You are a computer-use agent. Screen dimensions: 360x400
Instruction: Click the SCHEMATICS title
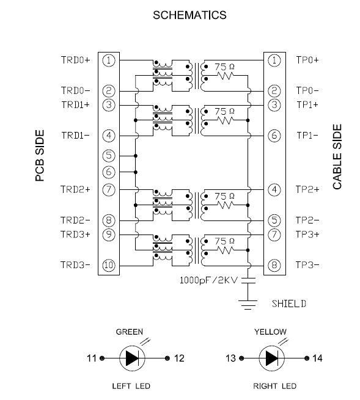[189, 15]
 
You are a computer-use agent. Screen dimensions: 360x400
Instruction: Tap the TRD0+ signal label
[76, 60]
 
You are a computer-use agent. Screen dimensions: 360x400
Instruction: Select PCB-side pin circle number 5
[109, 156]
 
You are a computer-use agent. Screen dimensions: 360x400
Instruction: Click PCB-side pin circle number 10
[109, 265]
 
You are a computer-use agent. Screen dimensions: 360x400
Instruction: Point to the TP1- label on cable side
[307, 135]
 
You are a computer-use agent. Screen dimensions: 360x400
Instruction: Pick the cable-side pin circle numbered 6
[274, 136]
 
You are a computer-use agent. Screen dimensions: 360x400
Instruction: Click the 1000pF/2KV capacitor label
[208, 280]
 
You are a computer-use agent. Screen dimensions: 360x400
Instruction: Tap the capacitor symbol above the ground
[248, 280]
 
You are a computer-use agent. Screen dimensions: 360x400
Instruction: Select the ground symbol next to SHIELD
[248, 305]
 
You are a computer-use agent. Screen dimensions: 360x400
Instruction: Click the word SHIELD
[288, 304]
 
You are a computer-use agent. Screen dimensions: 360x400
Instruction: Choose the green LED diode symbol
[132, 358]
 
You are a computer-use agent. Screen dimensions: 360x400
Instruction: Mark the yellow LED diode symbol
[272, 358]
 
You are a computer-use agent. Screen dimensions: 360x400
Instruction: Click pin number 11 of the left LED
[92, 358]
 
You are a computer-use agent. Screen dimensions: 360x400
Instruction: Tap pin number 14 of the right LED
[317, 358]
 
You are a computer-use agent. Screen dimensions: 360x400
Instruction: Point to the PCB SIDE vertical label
[40, 156]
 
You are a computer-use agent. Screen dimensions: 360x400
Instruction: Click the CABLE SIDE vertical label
[337, 156]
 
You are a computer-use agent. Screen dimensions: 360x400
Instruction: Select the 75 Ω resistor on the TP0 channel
[225, 76]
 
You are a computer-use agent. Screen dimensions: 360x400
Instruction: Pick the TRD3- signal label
[76, 265]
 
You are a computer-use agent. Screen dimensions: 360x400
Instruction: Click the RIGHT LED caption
[274, 386]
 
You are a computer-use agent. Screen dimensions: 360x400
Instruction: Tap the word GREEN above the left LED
[130, 332]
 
